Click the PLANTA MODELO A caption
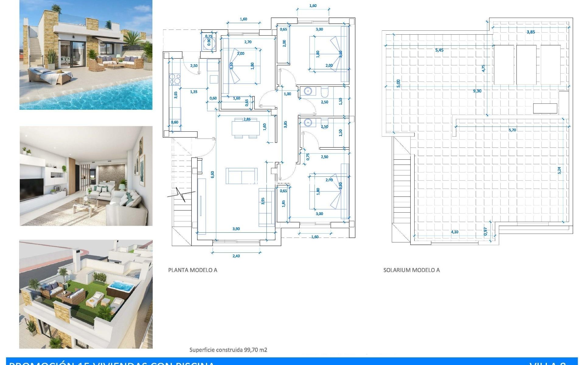pos(193,270)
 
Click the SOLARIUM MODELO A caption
pos(411,270)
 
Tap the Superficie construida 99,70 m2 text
pos(228,350)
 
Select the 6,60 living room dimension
pos(213,175)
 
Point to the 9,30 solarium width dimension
pos(477,91)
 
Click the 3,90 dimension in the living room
pos(236,229)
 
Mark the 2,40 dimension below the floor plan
pos(236,256)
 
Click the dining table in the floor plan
pos(245,128)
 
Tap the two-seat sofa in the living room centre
pos(241,176)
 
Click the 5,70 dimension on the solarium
pos(512,130)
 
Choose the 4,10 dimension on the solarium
pos(454,232)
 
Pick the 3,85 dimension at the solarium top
pos(530,32)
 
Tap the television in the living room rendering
pos(32,187)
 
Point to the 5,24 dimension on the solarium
pos(559,170)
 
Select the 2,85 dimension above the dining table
pos(247,119)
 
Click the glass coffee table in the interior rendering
pos(84,203)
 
